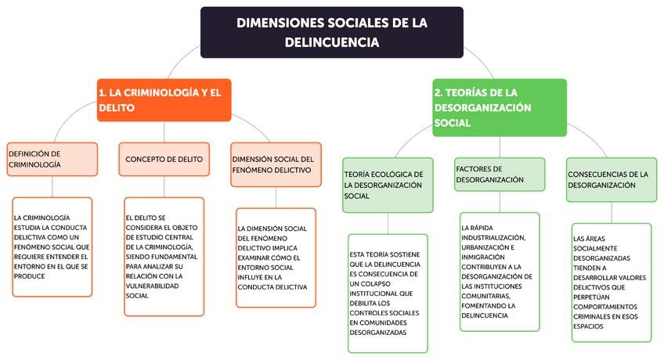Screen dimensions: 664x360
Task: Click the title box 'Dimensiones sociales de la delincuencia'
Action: click(x=331, y=32)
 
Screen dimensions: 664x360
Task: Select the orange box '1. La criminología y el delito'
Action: click(x=164, y=100)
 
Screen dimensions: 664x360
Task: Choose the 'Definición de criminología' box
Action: click(x=52, y=159)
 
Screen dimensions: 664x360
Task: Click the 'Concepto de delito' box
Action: click(x=164, y=159)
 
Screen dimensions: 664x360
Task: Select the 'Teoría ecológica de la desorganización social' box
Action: click(x=388, y=185)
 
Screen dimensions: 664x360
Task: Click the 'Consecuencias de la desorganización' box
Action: click(x=608, y=179)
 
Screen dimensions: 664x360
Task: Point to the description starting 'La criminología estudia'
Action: click(x=52, y=246)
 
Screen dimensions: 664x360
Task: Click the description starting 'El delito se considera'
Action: click(x=164, y=256)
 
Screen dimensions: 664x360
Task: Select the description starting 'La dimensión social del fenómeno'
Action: click(x=276, y=257)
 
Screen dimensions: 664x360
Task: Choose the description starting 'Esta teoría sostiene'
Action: click(x=388, y=293)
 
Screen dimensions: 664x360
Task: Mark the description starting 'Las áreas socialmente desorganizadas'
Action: click(x=610, y=282)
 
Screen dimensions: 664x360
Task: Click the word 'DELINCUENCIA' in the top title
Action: click(x=331, y=42)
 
